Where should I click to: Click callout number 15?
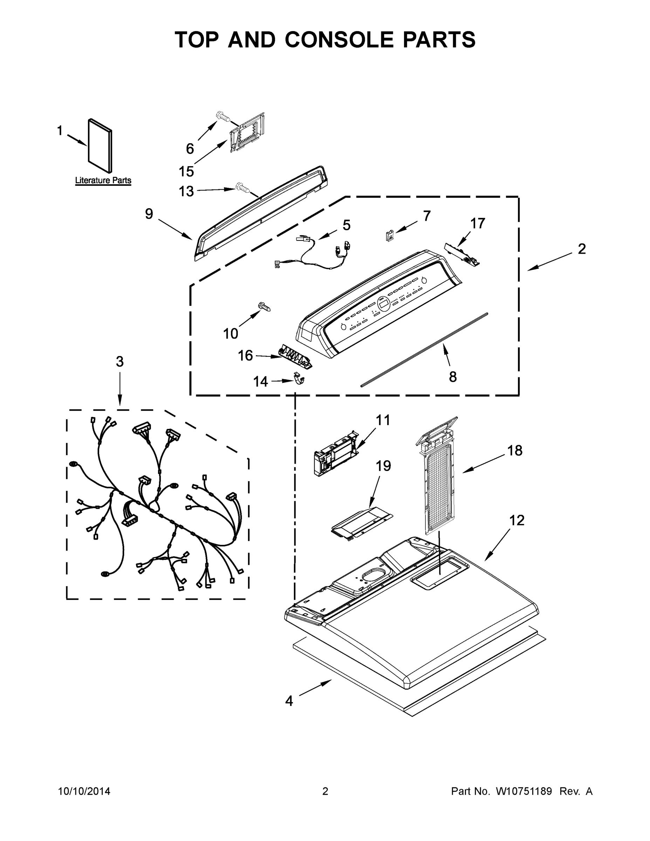click(186, 171)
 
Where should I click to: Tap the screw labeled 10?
click(265, 306)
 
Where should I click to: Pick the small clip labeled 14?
click(299, 379)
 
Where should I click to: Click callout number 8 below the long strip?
click(453, 377)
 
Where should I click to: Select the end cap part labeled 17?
click(463, 254)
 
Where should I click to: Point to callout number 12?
click(517, 521)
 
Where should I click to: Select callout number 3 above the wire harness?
click(120, 362)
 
